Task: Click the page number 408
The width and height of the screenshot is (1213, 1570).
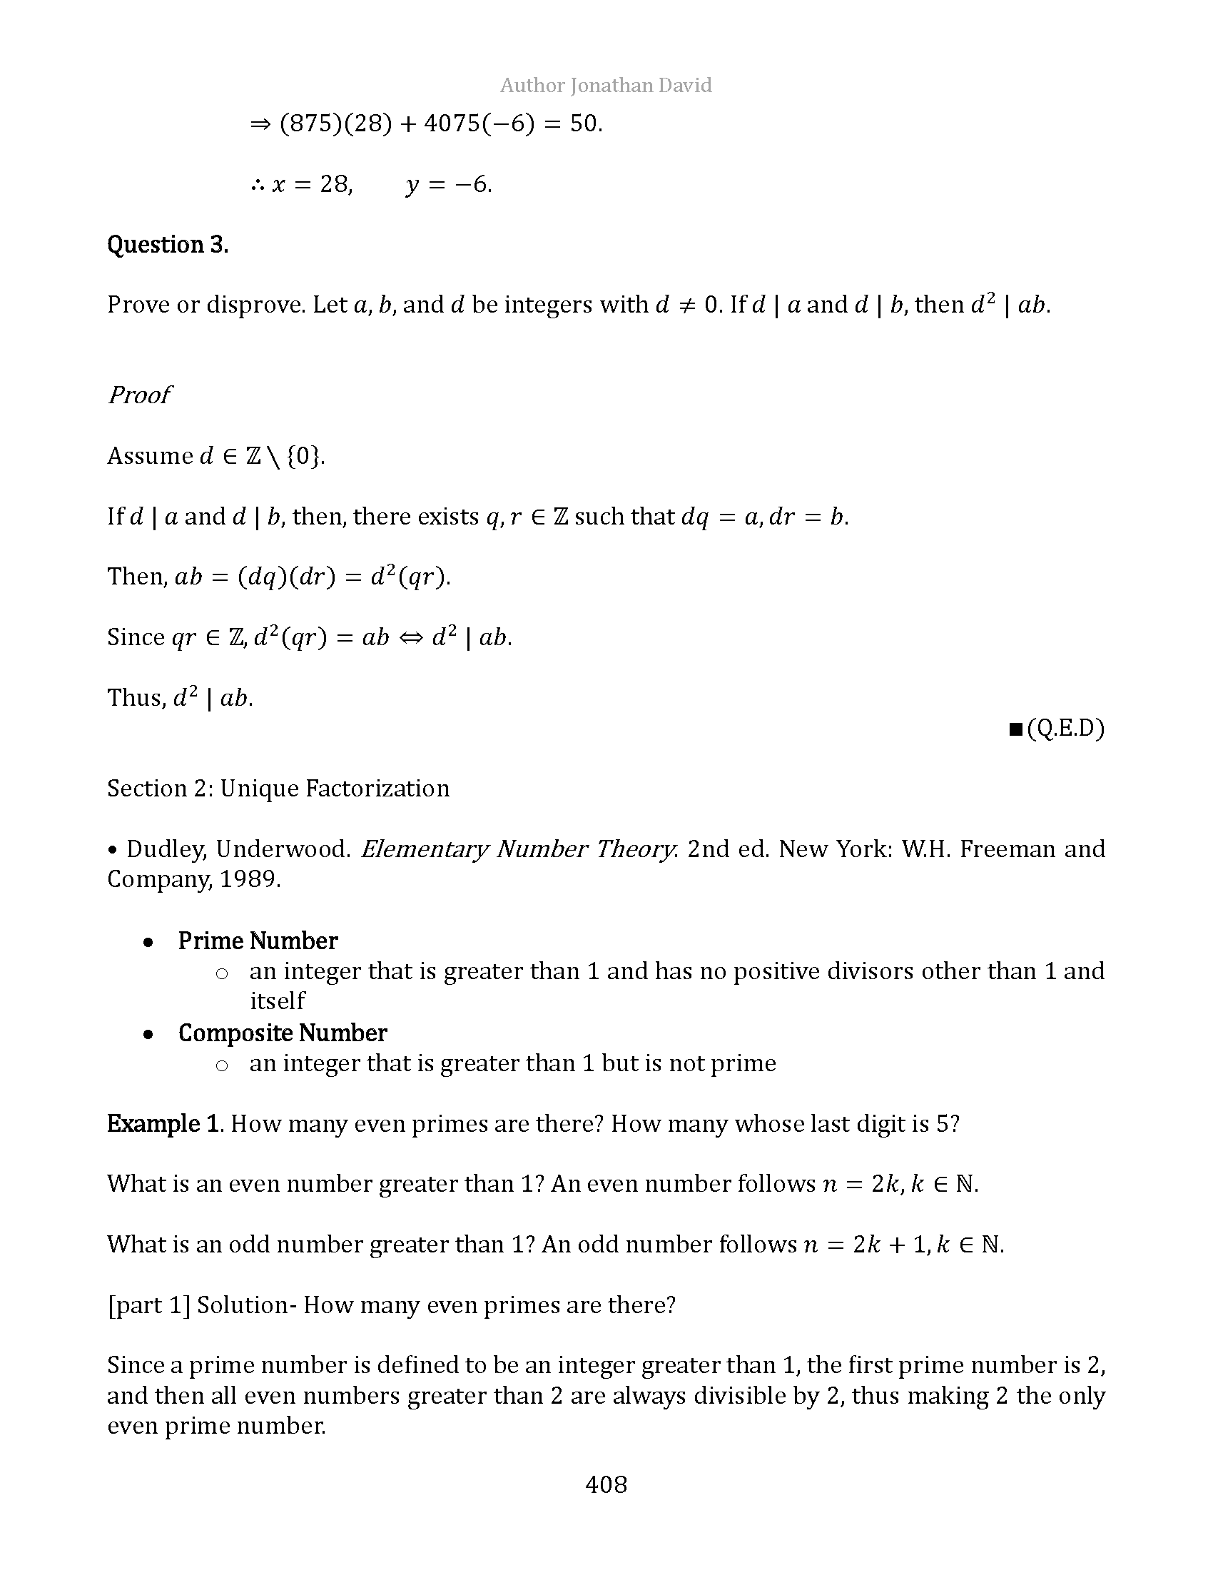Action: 606,1485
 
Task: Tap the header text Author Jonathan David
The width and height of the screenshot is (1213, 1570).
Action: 606,86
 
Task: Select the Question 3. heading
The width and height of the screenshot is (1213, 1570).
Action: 168,245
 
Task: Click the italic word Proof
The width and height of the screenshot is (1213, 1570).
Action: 138,395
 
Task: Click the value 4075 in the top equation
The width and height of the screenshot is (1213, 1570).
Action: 451,124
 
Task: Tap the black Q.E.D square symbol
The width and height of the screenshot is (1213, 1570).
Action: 1015,729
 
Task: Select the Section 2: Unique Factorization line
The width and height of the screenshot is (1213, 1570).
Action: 278,789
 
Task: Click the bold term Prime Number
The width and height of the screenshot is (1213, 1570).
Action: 258,941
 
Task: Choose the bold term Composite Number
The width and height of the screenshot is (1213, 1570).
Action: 283,1033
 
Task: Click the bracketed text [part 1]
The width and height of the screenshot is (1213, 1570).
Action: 148,1305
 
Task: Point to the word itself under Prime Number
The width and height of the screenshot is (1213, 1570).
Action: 278,1001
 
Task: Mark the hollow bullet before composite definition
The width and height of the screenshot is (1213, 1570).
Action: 222,1065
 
